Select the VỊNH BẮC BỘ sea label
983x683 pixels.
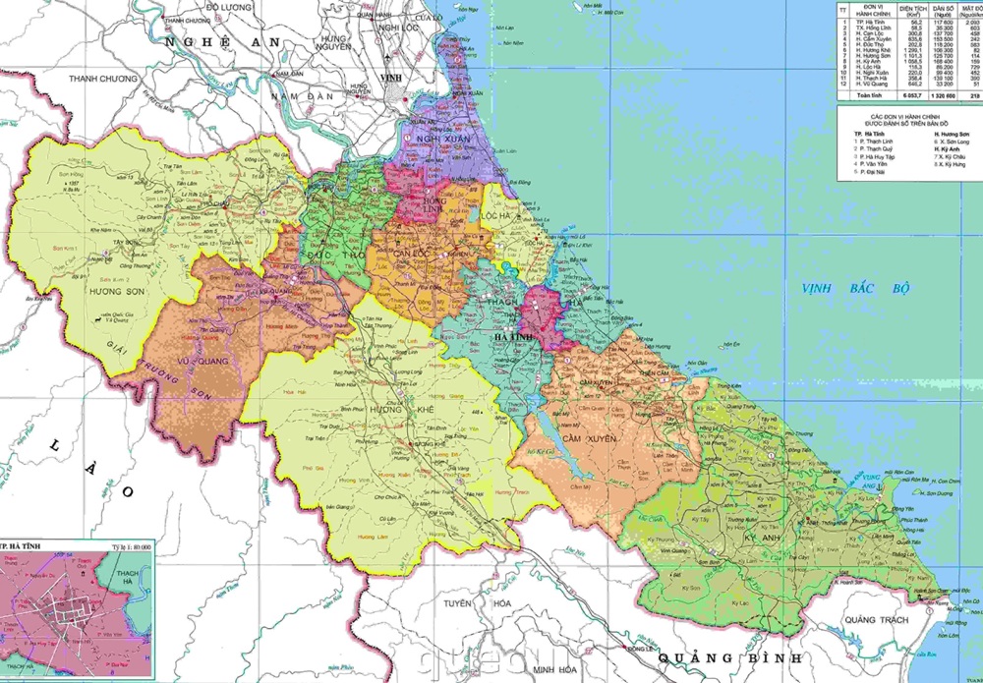854,289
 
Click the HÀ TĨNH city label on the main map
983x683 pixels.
514,336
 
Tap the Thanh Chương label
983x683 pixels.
106,78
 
